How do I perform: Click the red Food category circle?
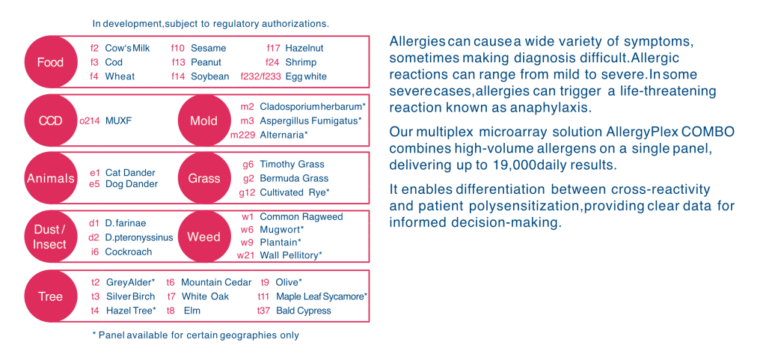click(50, 62)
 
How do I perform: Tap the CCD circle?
click(50, 120)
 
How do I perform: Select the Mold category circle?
click(203, 120)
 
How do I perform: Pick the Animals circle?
click(50, 178)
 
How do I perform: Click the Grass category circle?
click(203, 178)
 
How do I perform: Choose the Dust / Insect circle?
click(50, 237)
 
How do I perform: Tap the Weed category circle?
click(203, 237)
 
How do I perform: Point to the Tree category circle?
click(50, 296)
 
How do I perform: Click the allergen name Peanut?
click(206, 63)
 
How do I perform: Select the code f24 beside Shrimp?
click(272, 63)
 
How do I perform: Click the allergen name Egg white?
click(306, 76)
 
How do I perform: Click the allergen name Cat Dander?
click(130, 173)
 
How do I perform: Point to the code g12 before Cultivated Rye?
click(247, 193)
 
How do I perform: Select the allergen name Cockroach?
click(129, 252)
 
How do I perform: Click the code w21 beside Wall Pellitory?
click(246, 255)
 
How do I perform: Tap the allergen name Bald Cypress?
click(304, 311)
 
